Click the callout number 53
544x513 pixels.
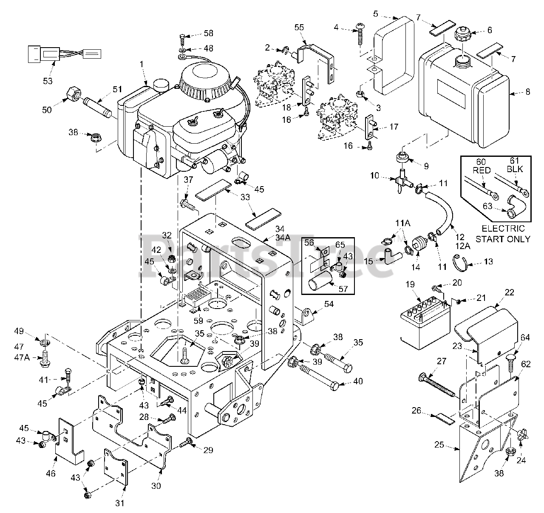click(48, 81)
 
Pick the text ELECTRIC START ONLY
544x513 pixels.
click(503, 233)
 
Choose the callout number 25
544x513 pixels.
click(439, 445)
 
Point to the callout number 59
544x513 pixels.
click(198, 320)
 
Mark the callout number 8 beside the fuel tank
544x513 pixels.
click(528, 91)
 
